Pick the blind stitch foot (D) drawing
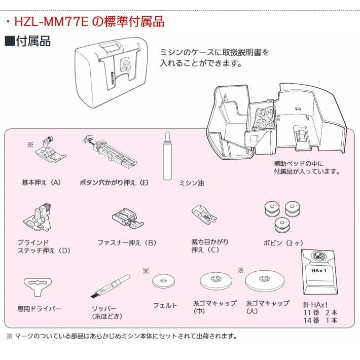pos(40,216)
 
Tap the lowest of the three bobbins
pos(280,224)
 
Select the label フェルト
pos(165,305)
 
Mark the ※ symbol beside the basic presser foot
pos(30,145)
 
